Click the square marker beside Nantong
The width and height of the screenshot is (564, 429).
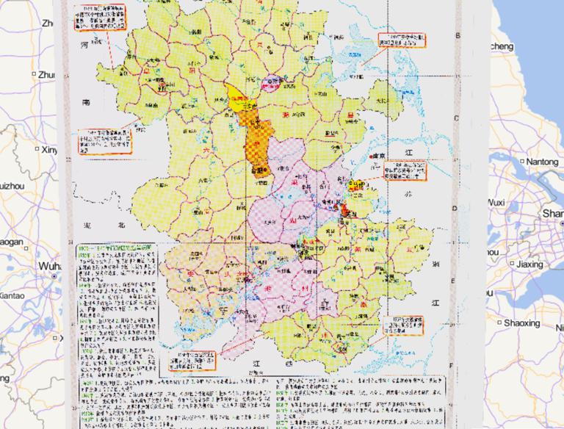click(520, 161)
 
